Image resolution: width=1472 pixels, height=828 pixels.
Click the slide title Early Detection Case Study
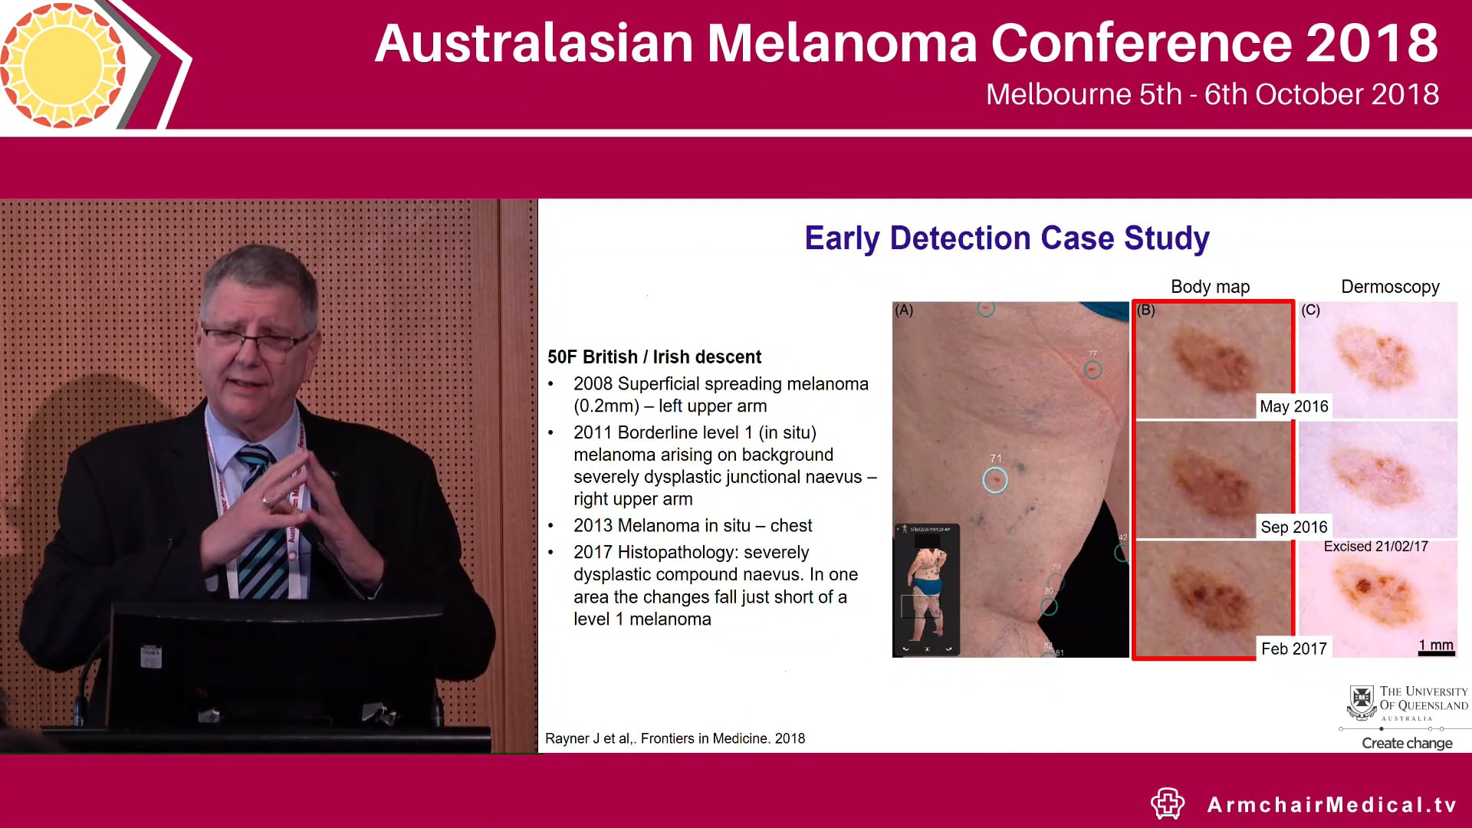[1007, 238]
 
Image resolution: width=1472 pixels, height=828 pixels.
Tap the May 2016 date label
[1293, 406]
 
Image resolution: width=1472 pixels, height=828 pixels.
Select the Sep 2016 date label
[1293, 527]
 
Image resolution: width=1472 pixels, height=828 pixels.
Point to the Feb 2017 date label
[1293, 649]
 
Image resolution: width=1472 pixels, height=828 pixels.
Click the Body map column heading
[1210, 287]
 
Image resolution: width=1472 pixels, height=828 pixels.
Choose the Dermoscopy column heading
[1389, 287]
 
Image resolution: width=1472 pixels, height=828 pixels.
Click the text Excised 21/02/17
[1375, 546]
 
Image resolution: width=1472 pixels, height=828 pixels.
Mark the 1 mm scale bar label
[1435, 646]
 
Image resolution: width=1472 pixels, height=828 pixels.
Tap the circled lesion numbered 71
[995, 480]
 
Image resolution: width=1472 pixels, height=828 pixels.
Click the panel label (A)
[905, 310]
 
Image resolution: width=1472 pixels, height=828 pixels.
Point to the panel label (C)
[1310, 310]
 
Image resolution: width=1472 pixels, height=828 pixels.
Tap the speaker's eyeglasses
[257, 340]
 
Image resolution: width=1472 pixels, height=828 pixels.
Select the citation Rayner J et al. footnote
[675, 738]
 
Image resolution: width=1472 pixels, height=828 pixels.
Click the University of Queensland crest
[1362, 701]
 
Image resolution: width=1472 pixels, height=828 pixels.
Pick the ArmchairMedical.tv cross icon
[1168, 803]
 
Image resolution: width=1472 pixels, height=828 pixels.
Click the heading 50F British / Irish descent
[654, 357]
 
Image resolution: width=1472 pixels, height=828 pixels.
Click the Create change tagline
[1407, 743]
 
